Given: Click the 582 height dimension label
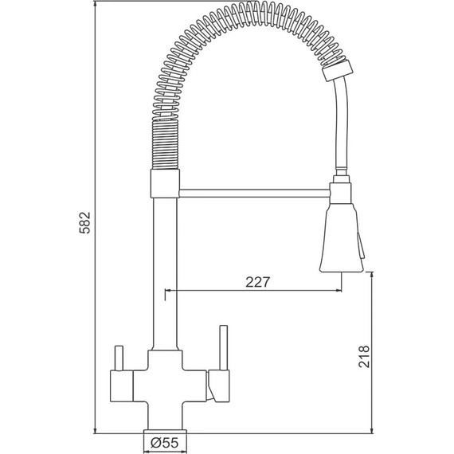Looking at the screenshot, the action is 85,222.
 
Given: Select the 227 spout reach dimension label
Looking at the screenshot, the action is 258,282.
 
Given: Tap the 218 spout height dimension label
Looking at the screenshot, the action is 364,356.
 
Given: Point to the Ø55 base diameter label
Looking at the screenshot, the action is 165,443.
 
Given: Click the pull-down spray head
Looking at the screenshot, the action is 342,237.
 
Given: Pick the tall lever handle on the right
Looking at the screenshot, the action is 224,348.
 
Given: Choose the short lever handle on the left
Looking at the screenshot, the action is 119,358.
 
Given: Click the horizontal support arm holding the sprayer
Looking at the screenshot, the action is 255,193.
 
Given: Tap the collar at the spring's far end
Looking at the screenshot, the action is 338,71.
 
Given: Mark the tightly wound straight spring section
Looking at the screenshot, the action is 165,144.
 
